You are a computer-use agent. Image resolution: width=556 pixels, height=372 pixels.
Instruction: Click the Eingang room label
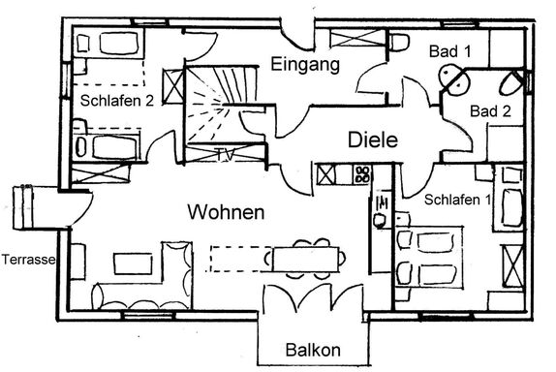[x=305, y=65]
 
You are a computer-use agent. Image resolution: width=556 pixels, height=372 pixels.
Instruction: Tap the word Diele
[x=373, y=139]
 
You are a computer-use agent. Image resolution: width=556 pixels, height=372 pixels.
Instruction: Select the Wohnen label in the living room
[x=226, y=212]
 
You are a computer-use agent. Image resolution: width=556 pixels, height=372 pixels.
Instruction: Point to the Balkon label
[x=313, y=350]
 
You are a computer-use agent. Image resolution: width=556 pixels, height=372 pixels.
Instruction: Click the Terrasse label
[x=29, y=260]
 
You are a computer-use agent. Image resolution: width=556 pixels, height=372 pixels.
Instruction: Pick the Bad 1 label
[x=450, y=51]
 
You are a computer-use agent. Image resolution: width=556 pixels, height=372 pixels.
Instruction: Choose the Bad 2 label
[x=490, y=111]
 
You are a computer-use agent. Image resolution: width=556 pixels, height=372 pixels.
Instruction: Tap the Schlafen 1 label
[x=457, y=200]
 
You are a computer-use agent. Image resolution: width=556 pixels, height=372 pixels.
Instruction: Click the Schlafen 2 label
[x=117, y=101]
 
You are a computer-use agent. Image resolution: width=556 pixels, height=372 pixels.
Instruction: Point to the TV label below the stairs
[x=226, y=155]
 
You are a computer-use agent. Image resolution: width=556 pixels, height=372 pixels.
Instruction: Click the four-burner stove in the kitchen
[x=362, y=174]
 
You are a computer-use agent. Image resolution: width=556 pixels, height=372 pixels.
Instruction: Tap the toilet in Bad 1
[x=399, y=42]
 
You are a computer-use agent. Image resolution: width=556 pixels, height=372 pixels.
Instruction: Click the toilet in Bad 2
[x=510, y=84]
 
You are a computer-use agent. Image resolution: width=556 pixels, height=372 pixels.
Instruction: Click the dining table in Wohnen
[x=306, y=260]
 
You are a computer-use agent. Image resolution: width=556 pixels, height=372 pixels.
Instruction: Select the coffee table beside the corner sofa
[x=133, y=263]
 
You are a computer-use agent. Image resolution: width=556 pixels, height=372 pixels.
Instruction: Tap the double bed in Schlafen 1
[x=429, y=256]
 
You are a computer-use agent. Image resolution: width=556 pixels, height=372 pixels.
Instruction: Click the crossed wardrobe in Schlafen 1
[x=512, y=266]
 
